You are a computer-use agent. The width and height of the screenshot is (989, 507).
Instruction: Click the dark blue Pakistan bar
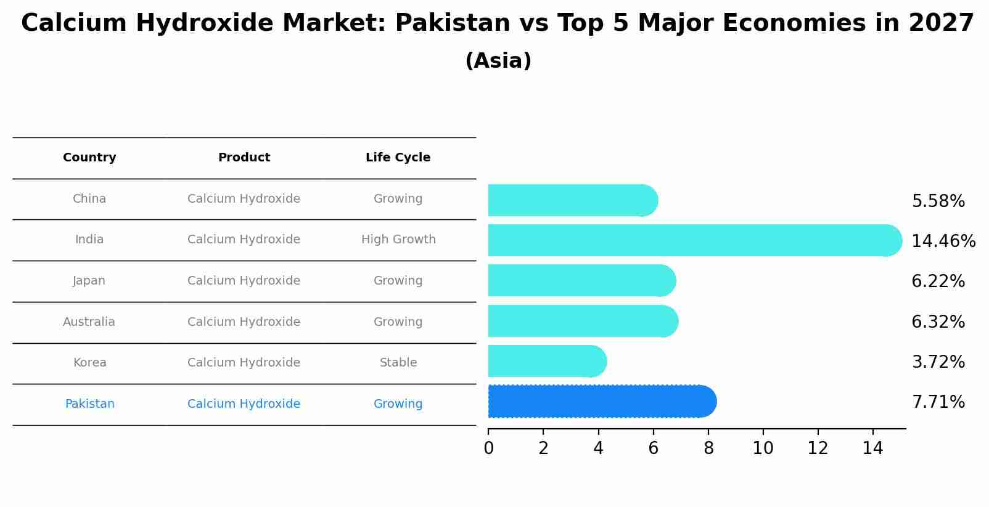[x=601, y=402]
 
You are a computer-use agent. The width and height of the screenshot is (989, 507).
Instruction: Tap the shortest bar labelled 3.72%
[x=546, y=361]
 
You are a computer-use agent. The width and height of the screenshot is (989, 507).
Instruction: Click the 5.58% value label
[x=938, y=201]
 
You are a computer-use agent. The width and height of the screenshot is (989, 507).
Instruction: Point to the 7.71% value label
[x=938, y=402]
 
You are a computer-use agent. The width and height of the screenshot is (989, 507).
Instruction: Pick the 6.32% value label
[x=938, y=322]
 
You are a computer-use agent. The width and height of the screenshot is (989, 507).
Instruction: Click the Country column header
[x=89, y=158]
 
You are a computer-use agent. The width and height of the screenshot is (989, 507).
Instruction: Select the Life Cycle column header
[x=398, y=158]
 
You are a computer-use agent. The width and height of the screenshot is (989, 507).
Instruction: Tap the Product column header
[x=244, y=158]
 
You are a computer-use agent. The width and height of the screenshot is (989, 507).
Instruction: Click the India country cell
[x=89, y=240]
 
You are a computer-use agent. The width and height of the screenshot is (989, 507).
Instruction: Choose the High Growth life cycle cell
[x=398, y=240]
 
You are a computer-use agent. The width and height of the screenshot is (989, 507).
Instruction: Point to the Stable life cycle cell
[x=398, y=363]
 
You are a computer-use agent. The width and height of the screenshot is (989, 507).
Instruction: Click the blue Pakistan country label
[x=89, y=404]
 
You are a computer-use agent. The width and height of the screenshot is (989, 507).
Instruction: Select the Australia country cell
[x=89, y=322]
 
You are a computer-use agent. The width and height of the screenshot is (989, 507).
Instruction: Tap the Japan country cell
[x=89, y=281]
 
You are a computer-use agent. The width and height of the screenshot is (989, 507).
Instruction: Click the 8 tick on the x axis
[x=708, y=448]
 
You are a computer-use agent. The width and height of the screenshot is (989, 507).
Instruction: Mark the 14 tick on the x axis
[x=872, y=448]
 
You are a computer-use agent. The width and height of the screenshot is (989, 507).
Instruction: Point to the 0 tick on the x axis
[x=488, y=448]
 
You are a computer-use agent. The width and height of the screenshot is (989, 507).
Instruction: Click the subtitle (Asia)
[x=498, y=61]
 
